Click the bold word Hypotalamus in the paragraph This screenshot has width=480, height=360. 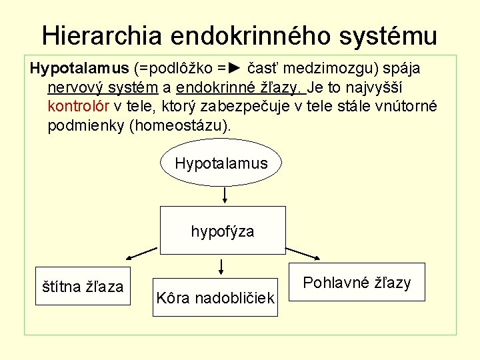coord(79,69)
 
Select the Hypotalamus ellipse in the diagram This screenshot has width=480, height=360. coord(221,163)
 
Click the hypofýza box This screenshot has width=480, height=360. coord(223,231)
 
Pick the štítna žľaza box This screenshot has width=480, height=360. coord(83,287)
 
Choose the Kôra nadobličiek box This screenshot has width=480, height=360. coord(215,297)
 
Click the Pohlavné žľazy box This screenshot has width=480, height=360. coord(357,282)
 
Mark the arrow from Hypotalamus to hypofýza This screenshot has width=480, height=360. coord(225,194)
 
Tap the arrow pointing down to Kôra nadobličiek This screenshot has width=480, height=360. coord(221,267)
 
